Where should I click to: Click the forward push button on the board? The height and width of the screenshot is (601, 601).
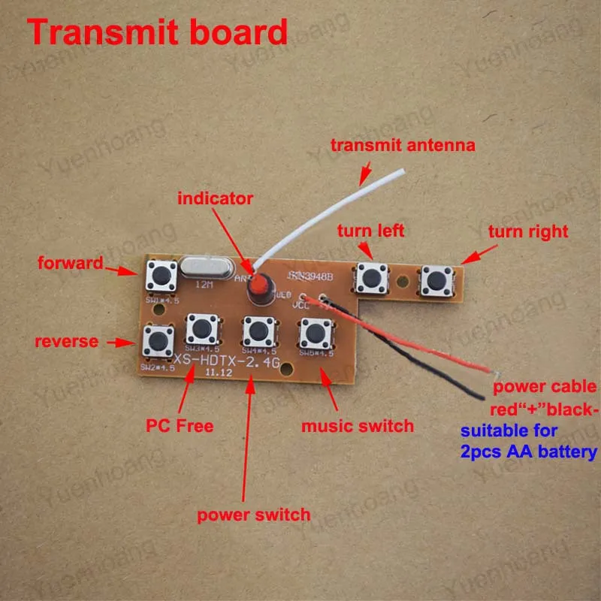click(x=162, y=276)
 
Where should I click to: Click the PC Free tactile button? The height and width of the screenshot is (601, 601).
click(x=201, y=329)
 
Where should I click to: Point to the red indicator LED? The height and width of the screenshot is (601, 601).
click(x=259, y=285)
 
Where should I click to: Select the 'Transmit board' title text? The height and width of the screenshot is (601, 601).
click(x=158, y=32)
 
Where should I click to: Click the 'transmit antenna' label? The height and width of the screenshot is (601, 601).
click(x=403, y=146)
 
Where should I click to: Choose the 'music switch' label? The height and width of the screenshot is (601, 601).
click(x=357, y=426)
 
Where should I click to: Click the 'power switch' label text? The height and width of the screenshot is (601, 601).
click(x=253, y=515)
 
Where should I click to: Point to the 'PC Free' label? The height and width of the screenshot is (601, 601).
click(x=180, y=426)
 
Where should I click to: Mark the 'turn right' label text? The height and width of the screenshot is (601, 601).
click(x=528, y=231)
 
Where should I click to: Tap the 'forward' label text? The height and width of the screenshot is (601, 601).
click(x=69, y=263)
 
